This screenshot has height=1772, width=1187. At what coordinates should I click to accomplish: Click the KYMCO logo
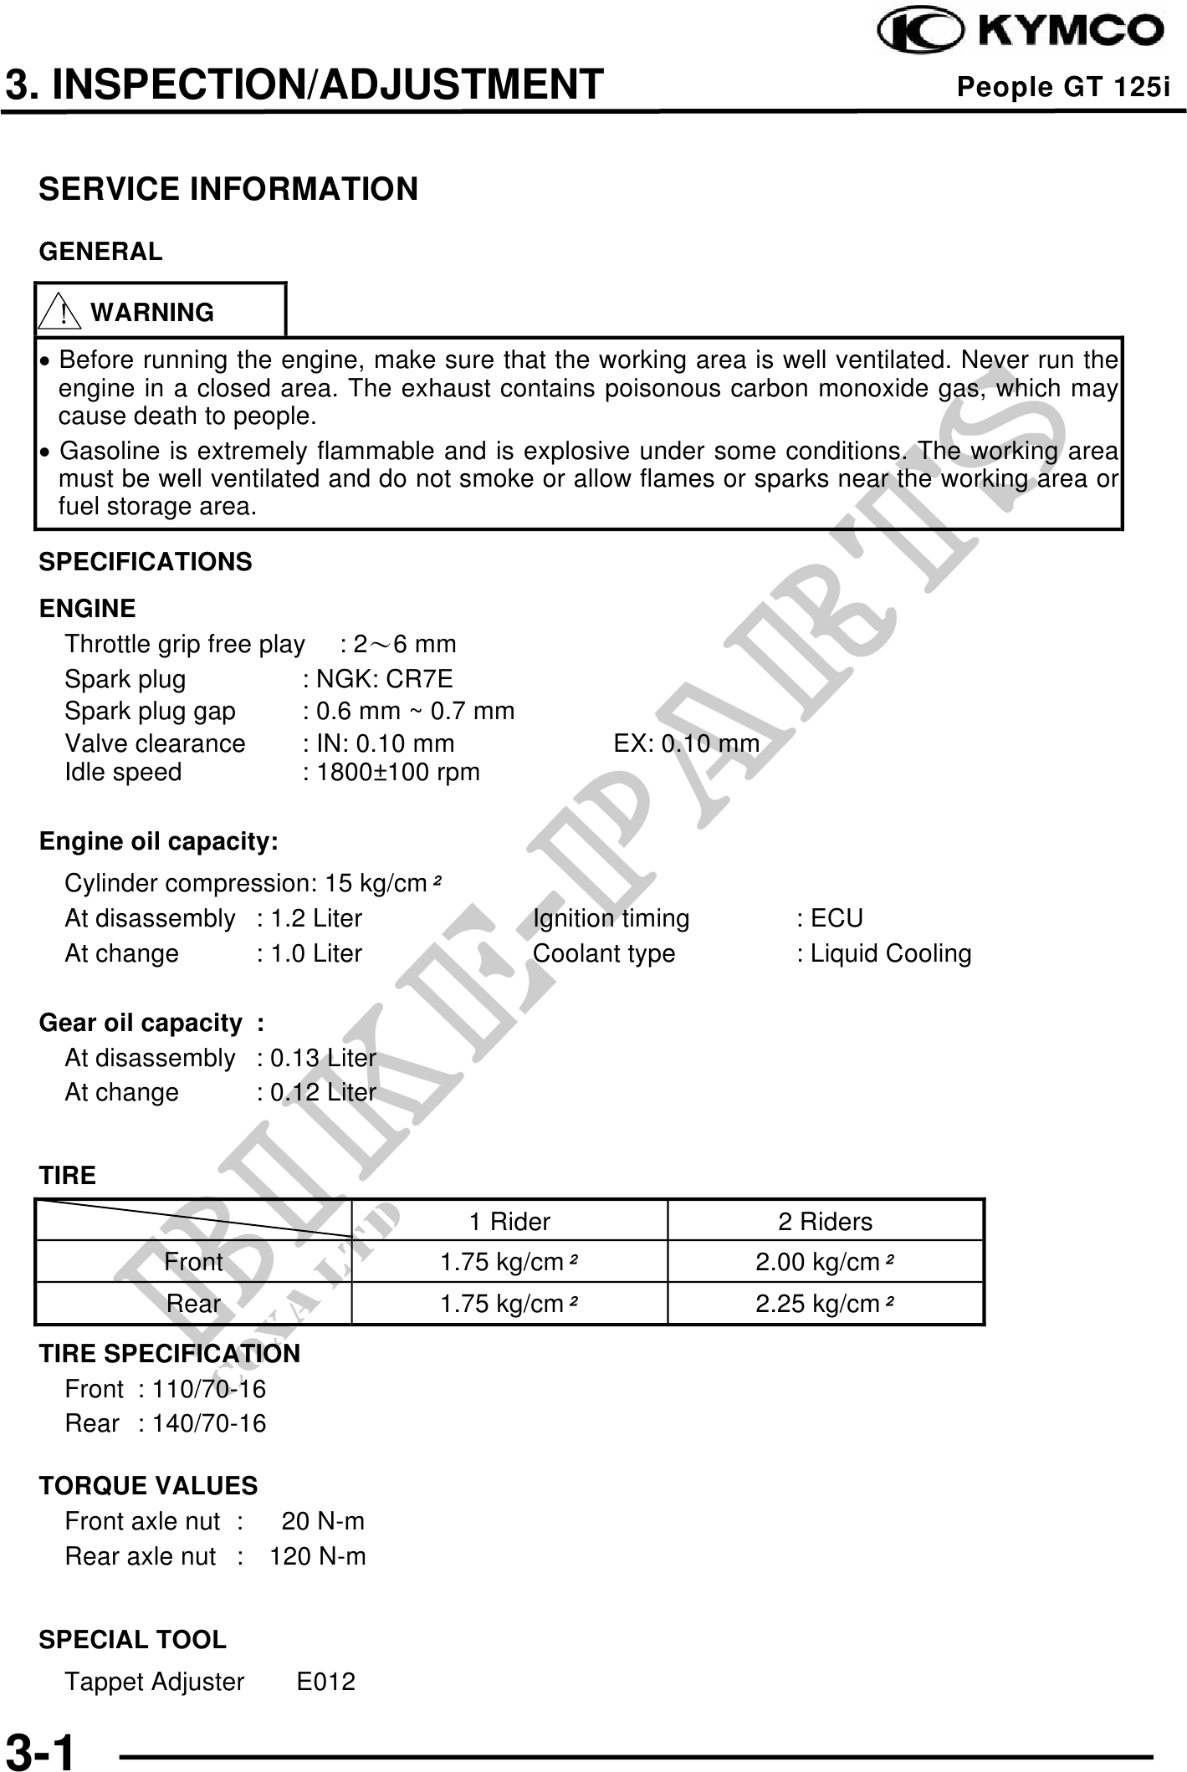coord(1020,31)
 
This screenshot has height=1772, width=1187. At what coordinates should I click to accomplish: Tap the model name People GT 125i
coord(1062,87)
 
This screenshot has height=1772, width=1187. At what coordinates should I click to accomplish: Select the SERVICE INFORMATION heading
coord(228,189)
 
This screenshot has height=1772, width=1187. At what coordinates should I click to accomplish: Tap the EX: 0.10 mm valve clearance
coord(686,743)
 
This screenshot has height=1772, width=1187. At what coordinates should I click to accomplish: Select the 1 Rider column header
coord(509,1222)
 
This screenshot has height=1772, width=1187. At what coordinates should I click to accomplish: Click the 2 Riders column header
coord(825,1222)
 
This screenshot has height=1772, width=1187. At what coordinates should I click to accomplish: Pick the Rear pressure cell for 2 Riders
coord(825,1304)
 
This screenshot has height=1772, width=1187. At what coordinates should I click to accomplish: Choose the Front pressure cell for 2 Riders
coord(825,1262)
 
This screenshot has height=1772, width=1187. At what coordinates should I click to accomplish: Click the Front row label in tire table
coord(193,1262)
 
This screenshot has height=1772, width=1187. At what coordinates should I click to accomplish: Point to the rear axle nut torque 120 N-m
coord(318,1556)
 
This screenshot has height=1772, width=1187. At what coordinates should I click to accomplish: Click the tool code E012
coord(326,1682)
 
